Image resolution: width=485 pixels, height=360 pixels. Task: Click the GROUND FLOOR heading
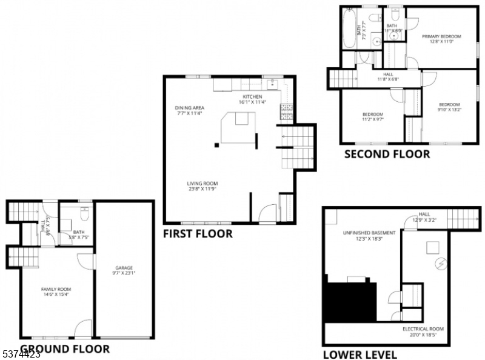[65, 349]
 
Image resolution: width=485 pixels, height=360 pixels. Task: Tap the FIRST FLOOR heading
[198, 234]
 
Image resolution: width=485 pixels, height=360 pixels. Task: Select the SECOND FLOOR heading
[387, 155]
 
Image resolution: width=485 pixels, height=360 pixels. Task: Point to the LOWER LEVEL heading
[360, 355]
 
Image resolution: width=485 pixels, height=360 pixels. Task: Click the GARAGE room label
[124, 268]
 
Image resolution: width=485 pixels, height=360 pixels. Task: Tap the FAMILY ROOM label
[56, 289]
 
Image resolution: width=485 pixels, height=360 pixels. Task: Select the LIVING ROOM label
[202, 184]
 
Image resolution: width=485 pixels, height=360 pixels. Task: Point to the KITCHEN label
[252, 97]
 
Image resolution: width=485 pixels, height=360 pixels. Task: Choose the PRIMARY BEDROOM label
[441, 37]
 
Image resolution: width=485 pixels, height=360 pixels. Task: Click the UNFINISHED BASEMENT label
[360, 233]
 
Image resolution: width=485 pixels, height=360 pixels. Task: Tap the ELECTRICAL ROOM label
[423, 329]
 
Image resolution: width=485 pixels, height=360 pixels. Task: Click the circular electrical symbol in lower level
[441, 264]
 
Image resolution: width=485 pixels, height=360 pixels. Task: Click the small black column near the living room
[216, 144]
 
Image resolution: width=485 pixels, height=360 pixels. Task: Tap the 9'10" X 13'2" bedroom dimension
[449, 110]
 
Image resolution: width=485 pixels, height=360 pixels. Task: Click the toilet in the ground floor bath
[85, 213]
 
